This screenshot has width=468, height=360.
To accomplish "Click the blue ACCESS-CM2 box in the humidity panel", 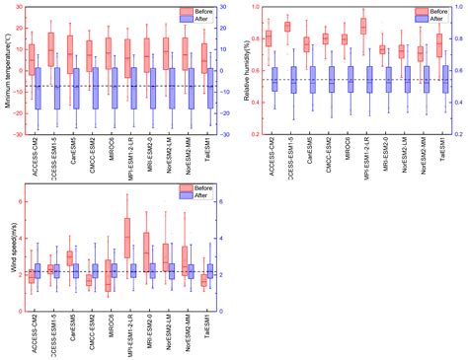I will click(276, 80).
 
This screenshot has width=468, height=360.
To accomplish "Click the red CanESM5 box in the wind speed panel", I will click(69, 257).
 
